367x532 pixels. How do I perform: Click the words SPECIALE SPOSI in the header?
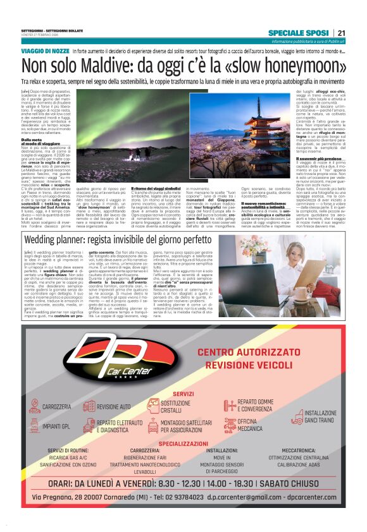point(297,33)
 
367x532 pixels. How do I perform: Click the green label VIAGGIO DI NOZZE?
point(45,50)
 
